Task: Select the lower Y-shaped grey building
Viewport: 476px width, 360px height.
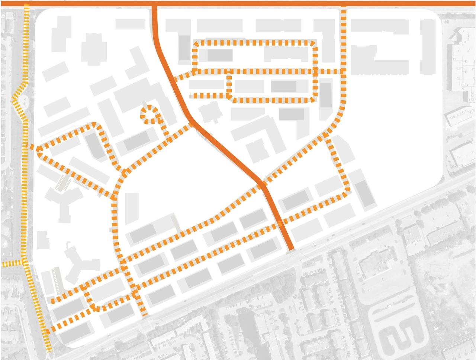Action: click(x=80, y=260)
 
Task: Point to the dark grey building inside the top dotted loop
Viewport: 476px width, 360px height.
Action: click(x=220, y=55)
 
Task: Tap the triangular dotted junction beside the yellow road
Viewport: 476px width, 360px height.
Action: click(x=37, y=149)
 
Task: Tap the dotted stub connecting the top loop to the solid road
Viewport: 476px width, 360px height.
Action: click(x=183, y=76)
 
